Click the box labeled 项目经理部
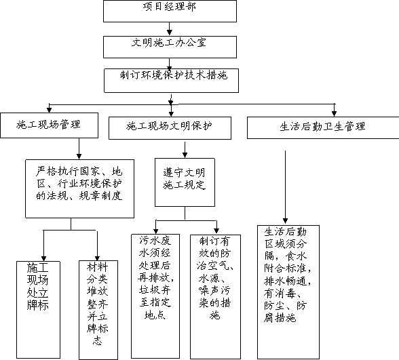pos(170,11)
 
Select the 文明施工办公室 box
pos(170,47)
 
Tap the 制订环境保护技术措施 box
pos(171,80)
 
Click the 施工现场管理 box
pos(49,125)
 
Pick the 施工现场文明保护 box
pos(170,128)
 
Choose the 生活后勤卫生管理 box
pos(323,127)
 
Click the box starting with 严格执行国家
pos(79,188)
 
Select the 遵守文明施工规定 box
pos(185,182)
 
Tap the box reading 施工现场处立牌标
pos(38,310)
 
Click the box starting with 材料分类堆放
pos(98,310)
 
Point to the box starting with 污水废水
pos(155,296)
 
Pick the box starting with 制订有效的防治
pos(215,297)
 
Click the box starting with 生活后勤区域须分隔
pos(288,292)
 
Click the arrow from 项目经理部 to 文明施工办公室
pos(170,28)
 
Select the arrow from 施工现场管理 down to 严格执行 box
pos(79,148)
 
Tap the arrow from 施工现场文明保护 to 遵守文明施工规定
pos(185,150)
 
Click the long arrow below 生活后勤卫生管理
pos(285,187)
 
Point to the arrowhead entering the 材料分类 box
pos(97,258)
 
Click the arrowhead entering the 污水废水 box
pos(156,231)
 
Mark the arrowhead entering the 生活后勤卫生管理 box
pos(335,114)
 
